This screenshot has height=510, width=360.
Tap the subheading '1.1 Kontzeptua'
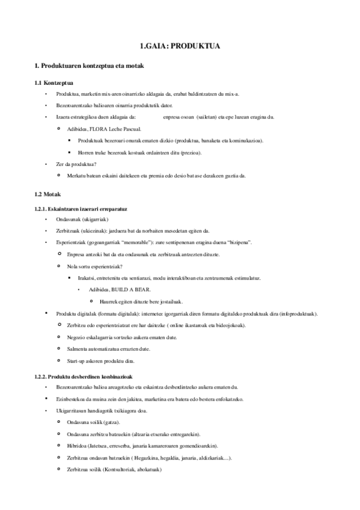click(x=54, y=82)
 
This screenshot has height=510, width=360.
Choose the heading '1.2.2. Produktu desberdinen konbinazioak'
click(x=84, y=376)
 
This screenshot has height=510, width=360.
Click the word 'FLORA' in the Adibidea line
click(x=96, y=129)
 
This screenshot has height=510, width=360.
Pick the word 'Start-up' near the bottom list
click(x=77, y=361)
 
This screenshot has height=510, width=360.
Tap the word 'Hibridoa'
click(x=78, y=446)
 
